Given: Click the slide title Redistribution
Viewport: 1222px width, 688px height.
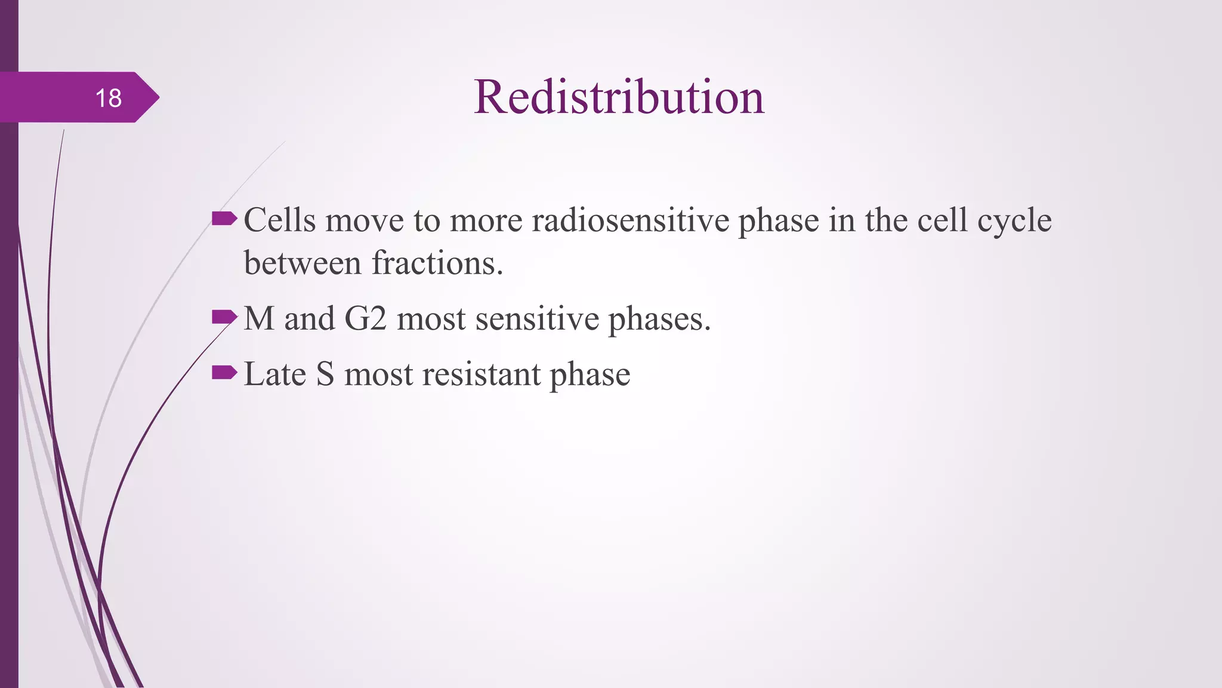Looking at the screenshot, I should [x=619, y=97].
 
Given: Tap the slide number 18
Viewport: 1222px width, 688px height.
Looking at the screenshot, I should [x=108, y=99].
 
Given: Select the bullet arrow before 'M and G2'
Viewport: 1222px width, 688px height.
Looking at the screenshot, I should [x=224, y=317].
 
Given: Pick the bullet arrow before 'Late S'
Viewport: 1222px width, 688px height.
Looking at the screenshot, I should [x=224, y=373].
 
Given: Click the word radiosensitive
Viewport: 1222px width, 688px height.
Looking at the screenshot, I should [x=631, y=220].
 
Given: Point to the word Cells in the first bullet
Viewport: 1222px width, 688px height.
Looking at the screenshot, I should [x=279, y=220].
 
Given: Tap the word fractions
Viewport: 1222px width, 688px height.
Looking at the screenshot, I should [x=437, y=263].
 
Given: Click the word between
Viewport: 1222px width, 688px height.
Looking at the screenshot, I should [x=303, y=263].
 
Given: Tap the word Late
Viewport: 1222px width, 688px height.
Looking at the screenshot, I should [x=274, y=374].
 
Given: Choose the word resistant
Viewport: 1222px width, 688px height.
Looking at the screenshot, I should [x=481, y=374].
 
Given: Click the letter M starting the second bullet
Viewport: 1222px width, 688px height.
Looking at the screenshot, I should [x=259, y=318].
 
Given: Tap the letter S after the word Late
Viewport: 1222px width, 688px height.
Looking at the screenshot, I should [x=325, y=374].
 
